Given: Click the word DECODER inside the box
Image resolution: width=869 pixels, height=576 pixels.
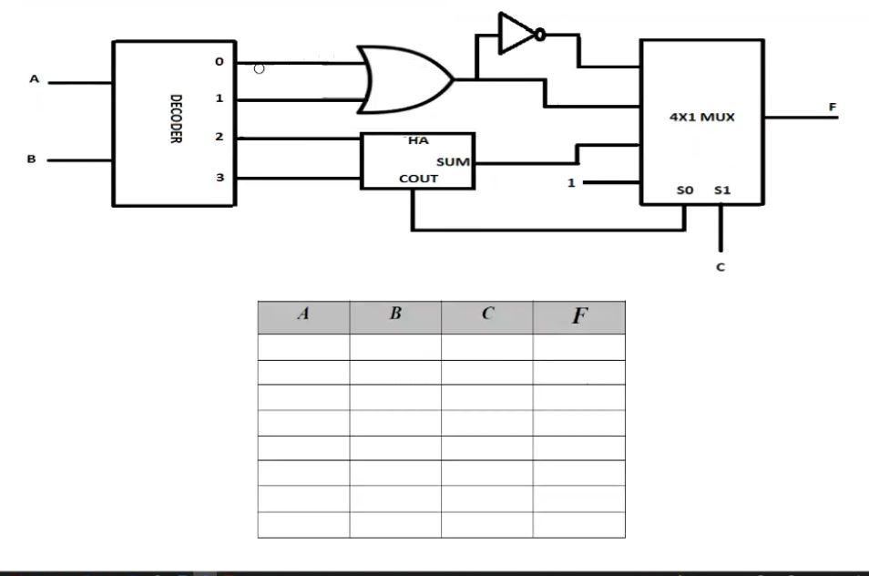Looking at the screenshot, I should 175,122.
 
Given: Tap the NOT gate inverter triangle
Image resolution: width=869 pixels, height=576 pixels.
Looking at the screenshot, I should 516,35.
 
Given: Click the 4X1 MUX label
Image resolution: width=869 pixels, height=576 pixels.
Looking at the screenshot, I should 701,117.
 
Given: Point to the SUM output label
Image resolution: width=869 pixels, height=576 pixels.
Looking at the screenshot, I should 453,162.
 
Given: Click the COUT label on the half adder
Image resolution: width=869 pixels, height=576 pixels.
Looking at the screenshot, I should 418,179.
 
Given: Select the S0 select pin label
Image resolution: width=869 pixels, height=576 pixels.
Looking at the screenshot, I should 685,190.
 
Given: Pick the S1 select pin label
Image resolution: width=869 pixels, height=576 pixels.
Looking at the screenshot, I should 721,190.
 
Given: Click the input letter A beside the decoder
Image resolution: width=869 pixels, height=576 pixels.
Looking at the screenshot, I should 35,79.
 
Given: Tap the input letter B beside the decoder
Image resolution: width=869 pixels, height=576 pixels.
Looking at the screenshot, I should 31,159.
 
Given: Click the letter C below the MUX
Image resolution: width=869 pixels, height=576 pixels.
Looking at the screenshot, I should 721,267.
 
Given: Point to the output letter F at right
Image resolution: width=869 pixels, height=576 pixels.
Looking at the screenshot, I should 832,107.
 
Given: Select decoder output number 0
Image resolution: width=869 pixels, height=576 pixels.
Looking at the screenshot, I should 219,62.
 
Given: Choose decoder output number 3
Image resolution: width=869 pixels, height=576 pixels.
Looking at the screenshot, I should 219,177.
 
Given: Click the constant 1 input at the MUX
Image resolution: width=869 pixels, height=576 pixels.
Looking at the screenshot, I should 571,183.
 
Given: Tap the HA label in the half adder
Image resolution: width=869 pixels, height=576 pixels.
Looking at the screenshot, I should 418,141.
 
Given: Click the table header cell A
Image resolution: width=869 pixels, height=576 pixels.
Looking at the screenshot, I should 303,315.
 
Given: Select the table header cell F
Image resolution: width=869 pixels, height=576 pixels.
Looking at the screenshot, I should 579,317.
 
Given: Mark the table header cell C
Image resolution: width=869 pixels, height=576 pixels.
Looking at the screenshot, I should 487,315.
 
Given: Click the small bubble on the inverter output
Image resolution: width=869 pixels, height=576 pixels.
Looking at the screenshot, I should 540,35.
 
